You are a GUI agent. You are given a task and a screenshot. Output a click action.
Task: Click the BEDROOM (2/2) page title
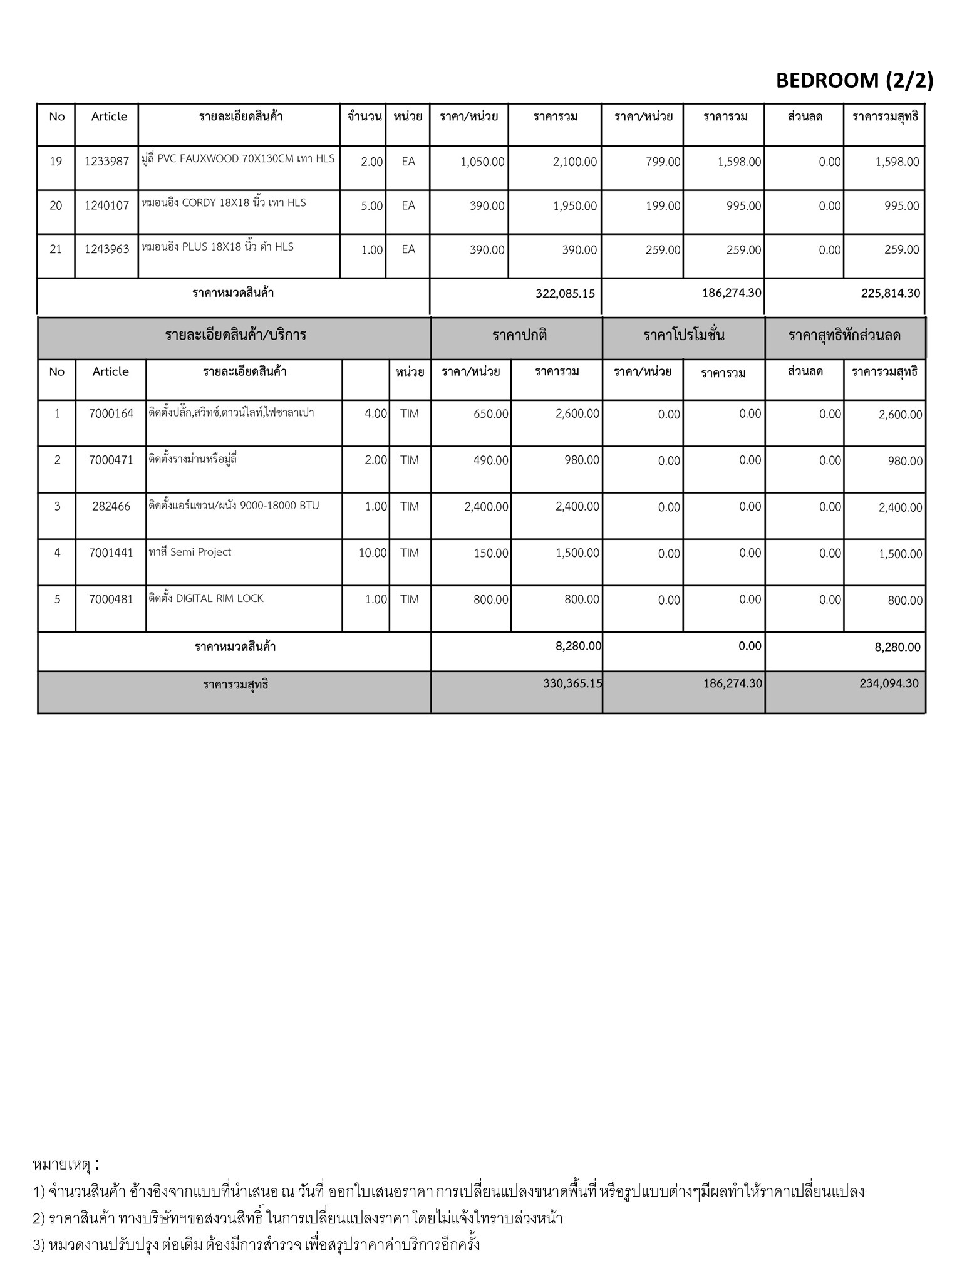tap(854, 81)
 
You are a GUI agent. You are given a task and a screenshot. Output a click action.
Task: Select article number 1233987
tap(106, 162)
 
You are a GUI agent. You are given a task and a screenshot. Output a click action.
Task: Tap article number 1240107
tap(106, 205)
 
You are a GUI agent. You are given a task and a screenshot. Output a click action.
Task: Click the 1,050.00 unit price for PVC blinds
tap(482, 162)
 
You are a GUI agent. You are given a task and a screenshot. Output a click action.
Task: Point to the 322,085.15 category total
tap(565, 293)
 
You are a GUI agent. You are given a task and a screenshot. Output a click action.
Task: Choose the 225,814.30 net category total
tap(890, 293)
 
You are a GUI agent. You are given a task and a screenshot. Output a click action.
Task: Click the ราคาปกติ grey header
tap(519, 335)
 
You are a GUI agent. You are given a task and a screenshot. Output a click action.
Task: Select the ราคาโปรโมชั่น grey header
tap(683, 335)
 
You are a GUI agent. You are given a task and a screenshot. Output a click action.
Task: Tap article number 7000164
tap(111, 414)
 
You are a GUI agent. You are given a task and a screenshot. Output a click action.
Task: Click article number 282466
tap(111, 507)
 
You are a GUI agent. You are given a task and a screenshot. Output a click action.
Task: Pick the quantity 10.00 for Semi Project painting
tap(373, 553)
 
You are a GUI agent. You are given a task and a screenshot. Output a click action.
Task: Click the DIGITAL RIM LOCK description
tap(206, 599)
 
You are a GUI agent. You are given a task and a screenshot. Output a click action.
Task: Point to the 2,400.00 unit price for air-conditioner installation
tap(486, 507)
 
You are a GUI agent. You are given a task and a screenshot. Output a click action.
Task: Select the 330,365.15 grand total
tap(572, 683)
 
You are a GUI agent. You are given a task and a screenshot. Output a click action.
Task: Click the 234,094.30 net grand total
tap(889, 683)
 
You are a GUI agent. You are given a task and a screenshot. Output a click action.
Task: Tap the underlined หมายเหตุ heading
tap(61, 1165)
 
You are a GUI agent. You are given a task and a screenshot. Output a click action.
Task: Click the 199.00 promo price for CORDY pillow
tap(663, 206)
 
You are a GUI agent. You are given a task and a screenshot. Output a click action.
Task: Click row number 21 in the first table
tap(56, 249)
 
